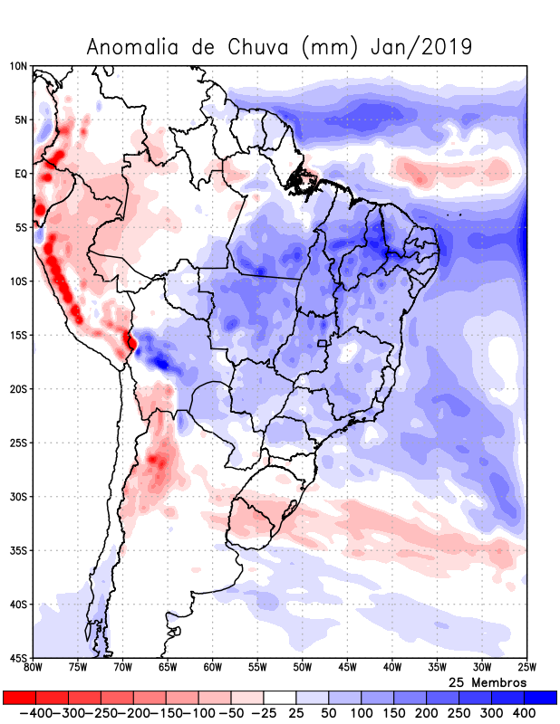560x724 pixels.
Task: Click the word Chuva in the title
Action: point(262,48)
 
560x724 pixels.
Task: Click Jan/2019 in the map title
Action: point(421,48)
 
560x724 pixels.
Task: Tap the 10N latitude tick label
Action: point(18,66)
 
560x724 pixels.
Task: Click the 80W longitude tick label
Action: point(34,668)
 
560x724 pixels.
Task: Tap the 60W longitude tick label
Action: point(213,668)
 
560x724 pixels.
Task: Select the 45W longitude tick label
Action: point(347,668)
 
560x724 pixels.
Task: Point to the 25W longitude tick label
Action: point(526,668)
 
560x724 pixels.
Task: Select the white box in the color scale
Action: point(280,698)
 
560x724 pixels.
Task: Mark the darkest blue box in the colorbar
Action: point(541,698)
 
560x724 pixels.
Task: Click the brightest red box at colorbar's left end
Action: point(19,698)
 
